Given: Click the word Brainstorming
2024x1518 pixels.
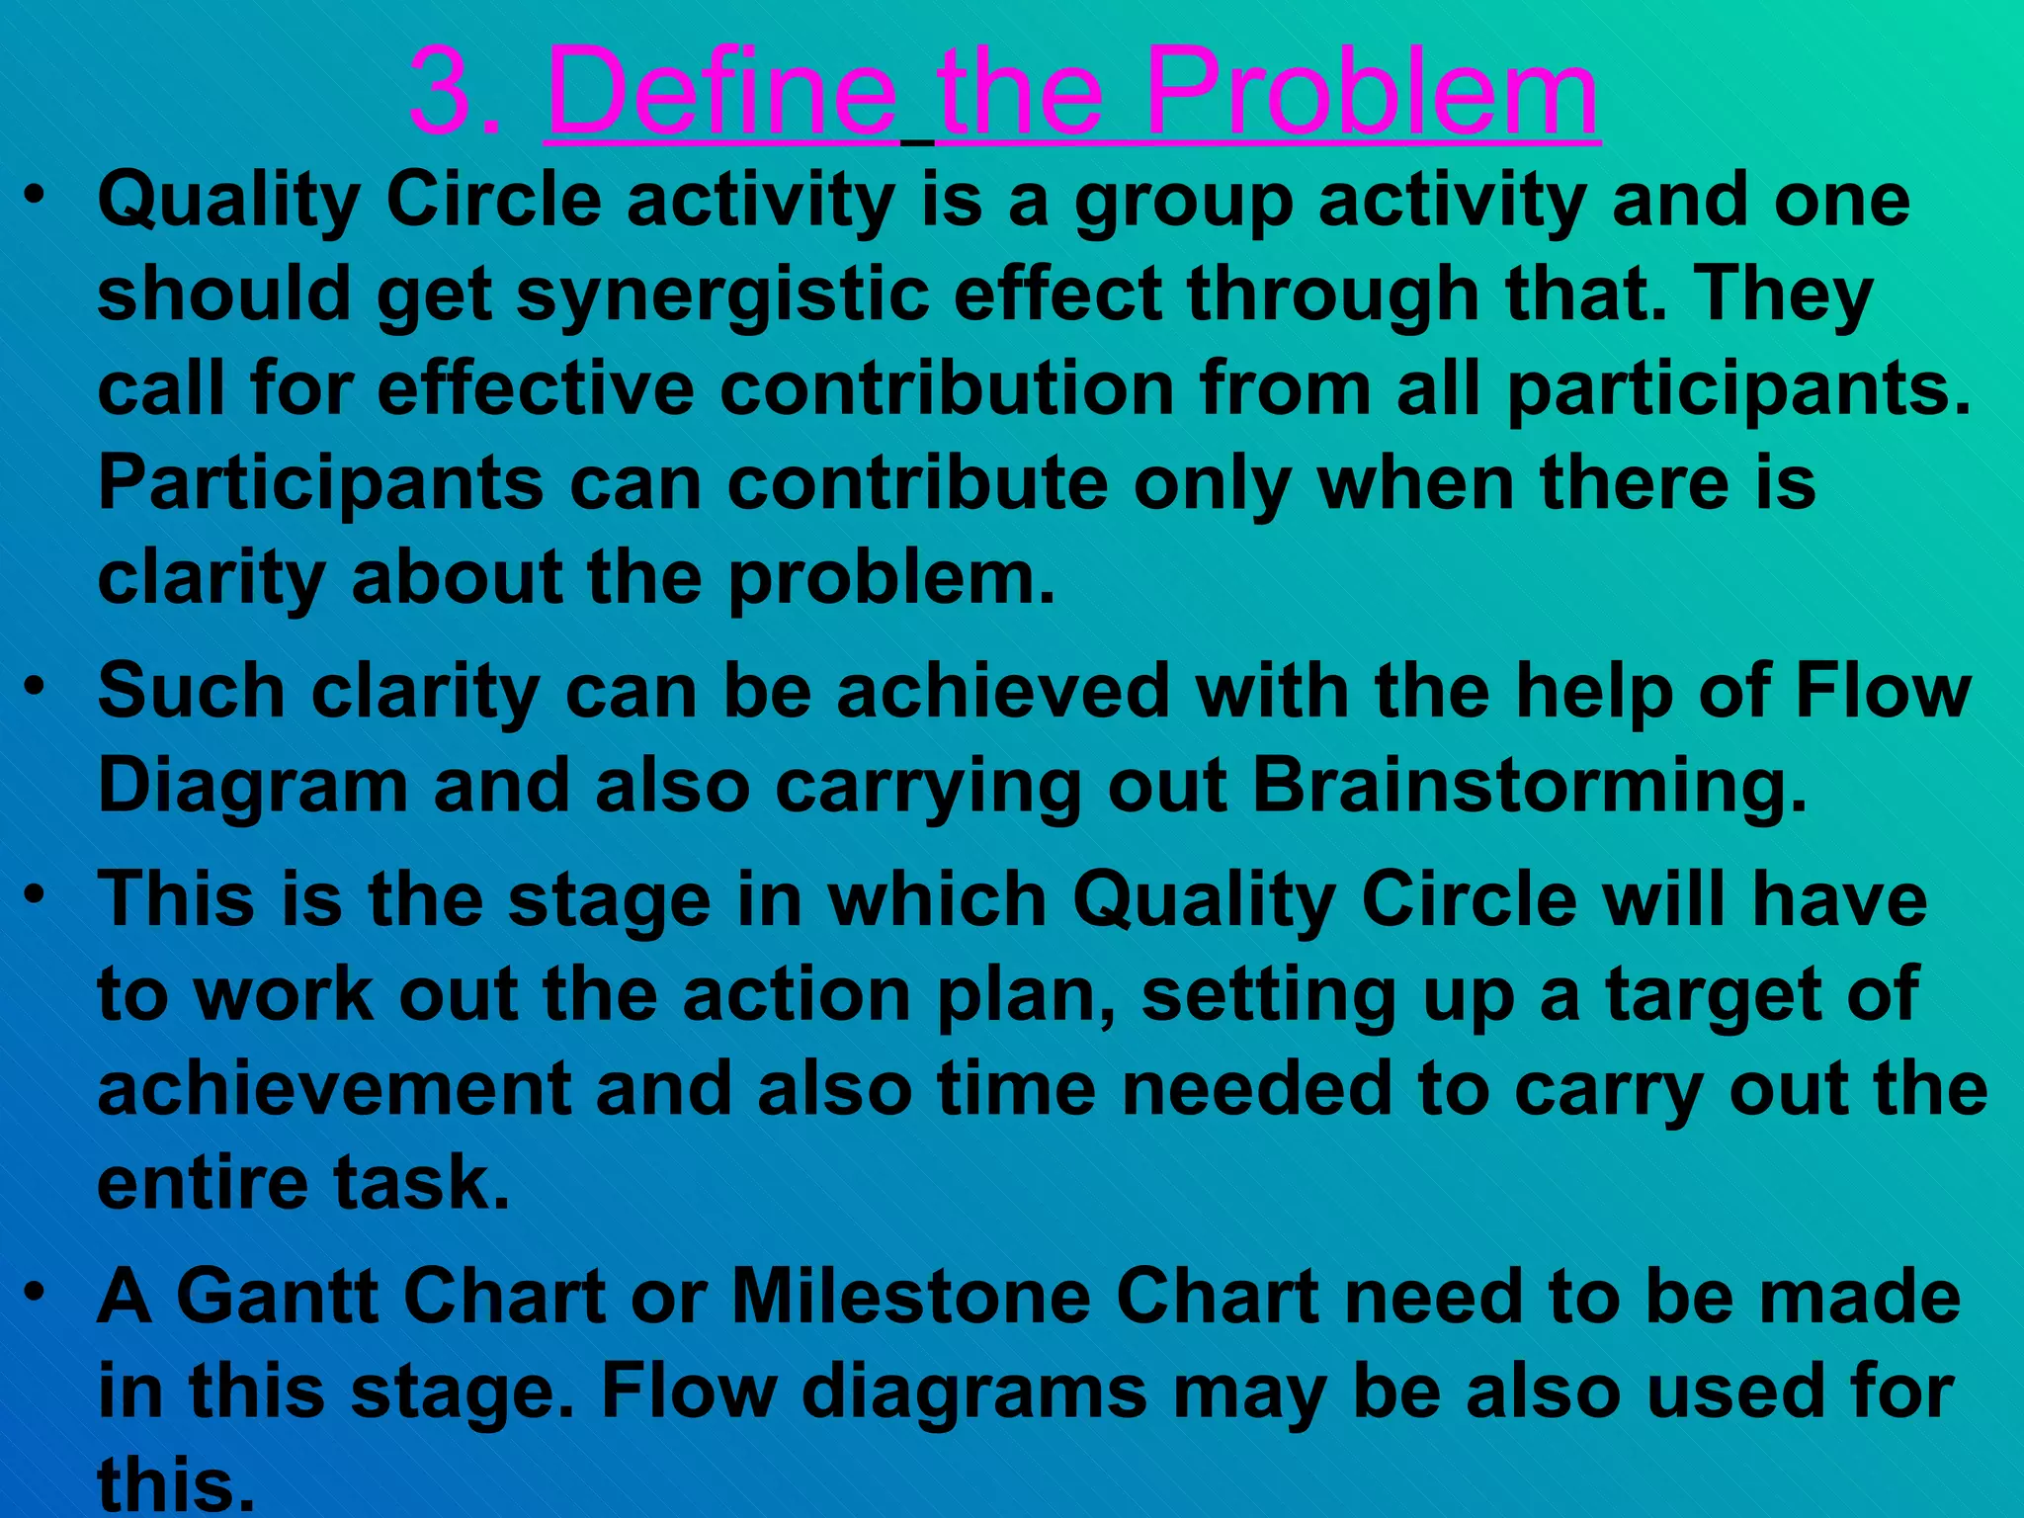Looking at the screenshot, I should tap(1529, 787).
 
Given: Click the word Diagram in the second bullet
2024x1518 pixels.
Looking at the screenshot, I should tap(253, 787).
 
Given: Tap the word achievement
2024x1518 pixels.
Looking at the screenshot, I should tap(334, 1088).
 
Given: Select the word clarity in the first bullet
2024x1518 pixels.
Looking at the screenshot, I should tap(211, 578).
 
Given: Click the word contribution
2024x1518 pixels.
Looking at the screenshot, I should tap(946, 388).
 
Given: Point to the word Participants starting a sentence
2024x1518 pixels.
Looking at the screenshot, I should tap(320, 484).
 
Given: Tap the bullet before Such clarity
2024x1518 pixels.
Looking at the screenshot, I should tap(36, 684).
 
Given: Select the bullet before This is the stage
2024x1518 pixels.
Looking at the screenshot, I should tap(36, 893).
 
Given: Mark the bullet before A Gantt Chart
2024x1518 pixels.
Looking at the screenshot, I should tap(36, 1291).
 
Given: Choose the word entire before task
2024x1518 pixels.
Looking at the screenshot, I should tap(202, 1182).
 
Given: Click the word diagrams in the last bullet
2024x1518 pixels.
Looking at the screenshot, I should tap(974, 1391).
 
